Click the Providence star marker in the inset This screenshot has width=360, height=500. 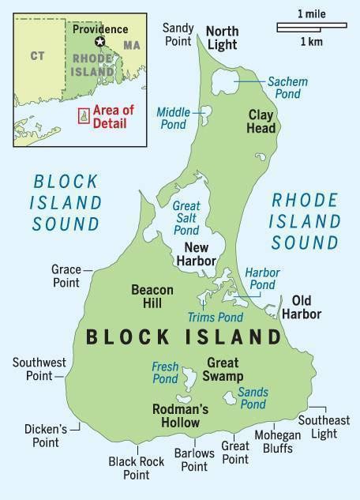coord(99,41)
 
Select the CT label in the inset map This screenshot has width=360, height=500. coord(36,55)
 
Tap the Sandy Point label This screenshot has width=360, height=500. coord(178,33)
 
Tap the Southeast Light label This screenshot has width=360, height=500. coord(323,427)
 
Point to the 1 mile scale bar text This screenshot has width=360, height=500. coord(310,13)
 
